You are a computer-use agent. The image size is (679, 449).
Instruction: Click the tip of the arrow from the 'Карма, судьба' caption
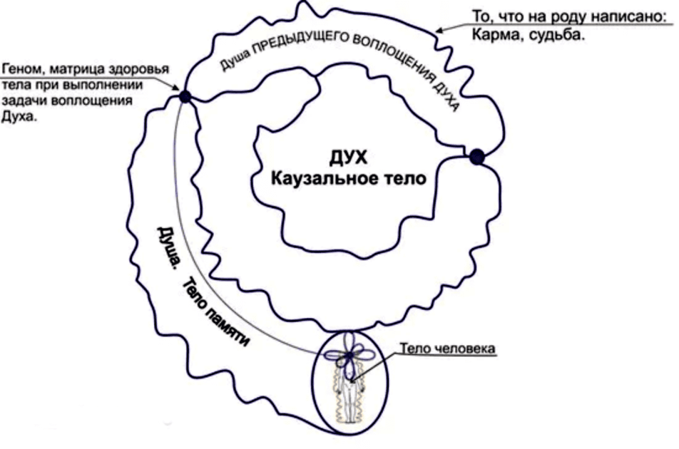pyautogui.click(x=435, y=31)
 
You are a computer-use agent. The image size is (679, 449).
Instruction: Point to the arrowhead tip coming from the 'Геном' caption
pyautogui.click(x=179, y=90)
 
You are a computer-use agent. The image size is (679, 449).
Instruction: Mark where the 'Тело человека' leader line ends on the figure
pyautogui.click(x=352, y=381)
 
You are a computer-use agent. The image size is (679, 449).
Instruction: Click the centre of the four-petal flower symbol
pyautogui.click(x=349, y=356)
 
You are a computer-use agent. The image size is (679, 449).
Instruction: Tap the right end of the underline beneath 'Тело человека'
pyautogui.click(x=496, y=356)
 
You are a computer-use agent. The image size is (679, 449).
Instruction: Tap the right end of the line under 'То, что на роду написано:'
pyautogui.click(x=673, y=24)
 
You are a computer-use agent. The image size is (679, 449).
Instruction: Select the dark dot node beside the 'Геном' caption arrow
pyautogui.click(x=185, y=96)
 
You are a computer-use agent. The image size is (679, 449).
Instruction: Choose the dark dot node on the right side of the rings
pyautogui.click(x=476, y=157)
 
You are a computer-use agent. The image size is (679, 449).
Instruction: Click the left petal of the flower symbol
pyautogui.click(x=335, y=356)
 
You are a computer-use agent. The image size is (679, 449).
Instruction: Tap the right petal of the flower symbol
pyautogui.click(x=364, y=356)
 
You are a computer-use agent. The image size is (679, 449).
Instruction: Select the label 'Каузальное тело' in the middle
pyautogui.click(x=349, y=178)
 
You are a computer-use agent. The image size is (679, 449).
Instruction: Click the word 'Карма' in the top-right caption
pyautogui.click(x=491, y=35)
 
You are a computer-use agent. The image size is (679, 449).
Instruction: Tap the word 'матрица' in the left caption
pyautogui.click(x=78, y=69)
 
